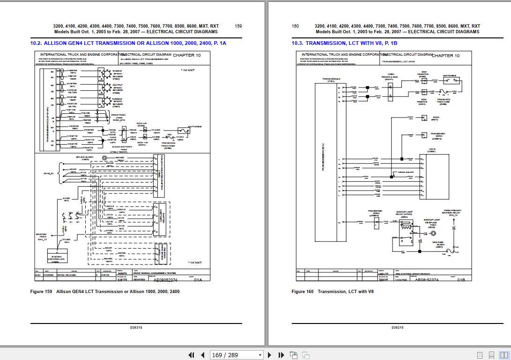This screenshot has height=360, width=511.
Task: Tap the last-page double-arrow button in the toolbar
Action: tap(281, 355)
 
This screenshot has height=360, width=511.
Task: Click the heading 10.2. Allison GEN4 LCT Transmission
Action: tap(128, 43)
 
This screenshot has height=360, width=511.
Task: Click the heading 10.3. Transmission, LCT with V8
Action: tap(344, 43)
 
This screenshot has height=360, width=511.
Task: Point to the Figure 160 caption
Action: tap(333, 292)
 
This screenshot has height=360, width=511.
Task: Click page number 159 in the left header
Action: tap(238, 26)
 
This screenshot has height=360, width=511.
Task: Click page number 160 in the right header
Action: tap(296, 26)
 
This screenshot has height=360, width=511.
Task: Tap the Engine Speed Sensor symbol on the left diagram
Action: tap(102, 73)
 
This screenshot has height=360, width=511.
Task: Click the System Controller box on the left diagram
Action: tap(60, 256)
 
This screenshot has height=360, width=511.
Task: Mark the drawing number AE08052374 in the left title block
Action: tap(166, 279)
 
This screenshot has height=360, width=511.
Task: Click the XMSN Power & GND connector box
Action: tap(389, 92)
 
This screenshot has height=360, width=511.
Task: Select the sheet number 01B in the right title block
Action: tap(461, 279)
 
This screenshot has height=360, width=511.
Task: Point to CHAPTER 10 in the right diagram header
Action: tap(445, 56)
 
